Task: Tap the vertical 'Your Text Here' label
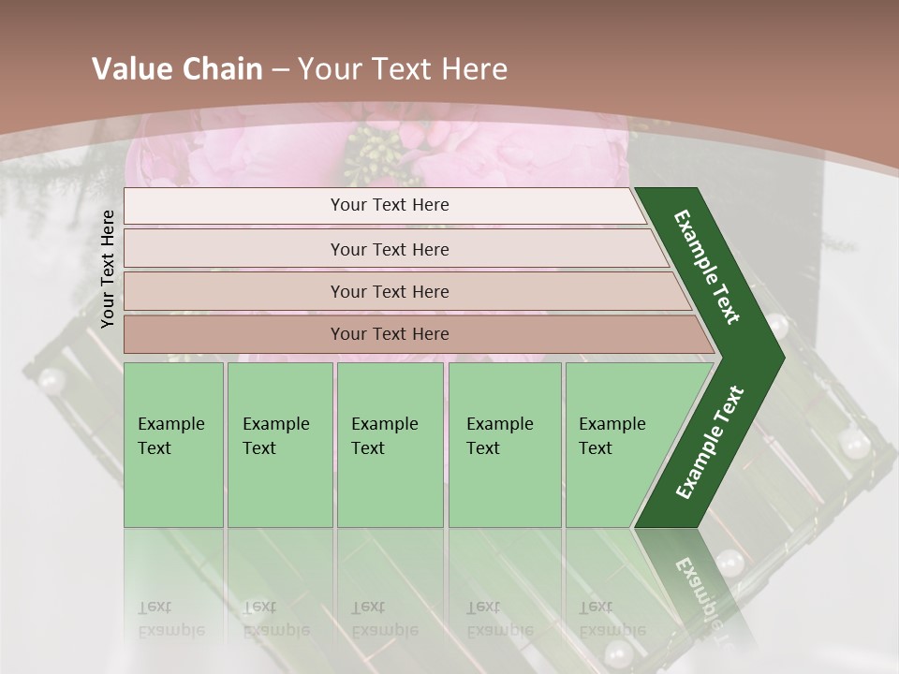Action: point(108,270)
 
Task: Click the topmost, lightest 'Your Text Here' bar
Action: point(389,205)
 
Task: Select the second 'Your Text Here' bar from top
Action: point(389,249)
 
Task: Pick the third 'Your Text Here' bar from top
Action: point(389,291)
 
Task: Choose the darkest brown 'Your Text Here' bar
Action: point(389,334)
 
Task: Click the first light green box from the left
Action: point(173,445)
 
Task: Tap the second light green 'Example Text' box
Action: point(279,445)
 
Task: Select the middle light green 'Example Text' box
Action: point(390,445)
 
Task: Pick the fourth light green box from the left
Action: point(504,445)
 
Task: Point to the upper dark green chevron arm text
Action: point(708,267)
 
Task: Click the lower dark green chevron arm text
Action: point(709,443)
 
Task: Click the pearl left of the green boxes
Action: point(52,379)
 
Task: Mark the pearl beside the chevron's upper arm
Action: point(776,326)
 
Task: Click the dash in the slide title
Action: point(280,70)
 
